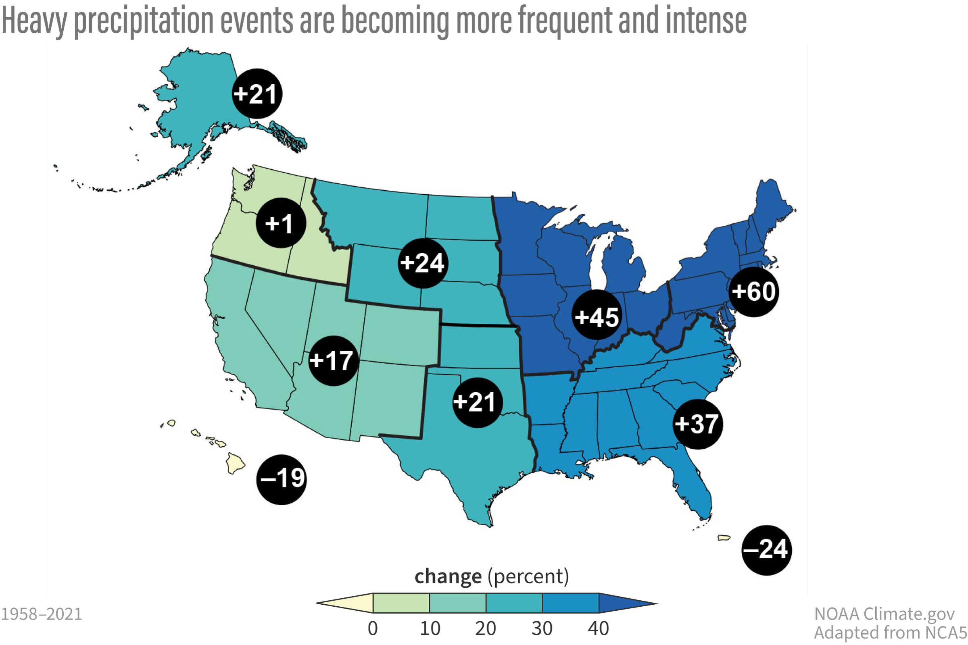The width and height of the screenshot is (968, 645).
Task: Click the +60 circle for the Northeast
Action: (x=753, y=291)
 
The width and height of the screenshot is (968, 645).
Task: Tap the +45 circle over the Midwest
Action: (x=597, y=315)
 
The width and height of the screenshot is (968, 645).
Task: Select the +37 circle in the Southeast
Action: (x=698, y=424)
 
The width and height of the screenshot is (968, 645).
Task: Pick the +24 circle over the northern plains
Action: (x=423, y=263)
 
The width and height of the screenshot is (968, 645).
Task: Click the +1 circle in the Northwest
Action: (x=281, y=223)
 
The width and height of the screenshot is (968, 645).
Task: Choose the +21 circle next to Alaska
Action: (x=257, y=94)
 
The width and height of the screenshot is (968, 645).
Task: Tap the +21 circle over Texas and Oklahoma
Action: (x=477, y=402)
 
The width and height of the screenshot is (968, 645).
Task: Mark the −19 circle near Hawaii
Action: (x=282, y=480)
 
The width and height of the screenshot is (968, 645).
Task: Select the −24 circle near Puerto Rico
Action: (x=766, y=550)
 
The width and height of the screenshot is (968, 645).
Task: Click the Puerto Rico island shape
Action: (x=724, y=538)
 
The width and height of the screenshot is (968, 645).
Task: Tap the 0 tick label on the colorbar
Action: (x=372, y=628)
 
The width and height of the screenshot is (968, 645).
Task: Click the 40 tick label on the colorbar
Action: (x=599, y=628)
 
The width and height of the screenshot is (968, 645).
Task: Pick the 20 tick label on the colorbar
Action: (x=486, y=628)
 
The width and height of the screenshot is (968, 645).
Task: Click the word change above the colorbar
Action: (x=448, y=576)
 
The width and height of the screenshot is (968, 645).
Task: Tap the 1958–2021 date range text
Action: (x=42, y=614)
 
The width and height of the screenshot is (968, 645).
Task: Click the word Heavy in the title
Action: (x=34, y=21)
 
